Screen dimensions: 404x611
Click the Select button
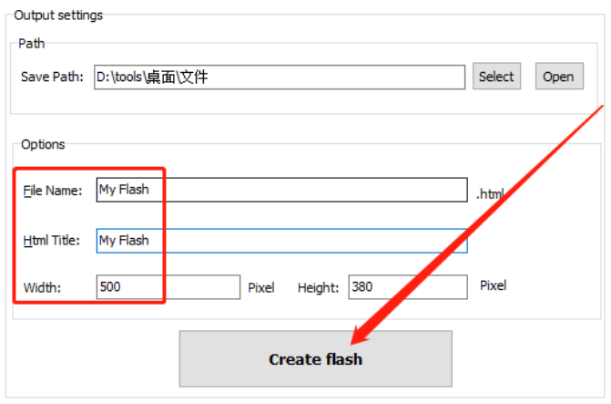point(496,77)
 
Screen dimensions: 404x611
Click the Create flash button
point(315,359)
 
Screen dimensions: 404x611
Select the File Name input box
point(282,190)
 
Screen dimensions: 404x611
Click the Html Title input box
point(282,241)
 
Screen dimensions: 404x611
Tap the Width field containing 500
point(168,287)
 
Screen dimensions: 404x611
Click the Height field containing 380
point(408,287)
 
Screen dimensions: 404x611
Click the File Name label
point(53,191)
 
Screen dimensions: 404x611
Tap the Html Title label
point(53,241)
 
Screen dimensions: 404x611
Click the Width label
point(43,288)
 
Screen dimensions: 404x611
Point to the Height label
point(318,288)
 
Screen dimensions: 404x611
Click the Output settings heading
point(58,16)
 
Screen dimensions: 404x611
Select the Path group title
point(31,43)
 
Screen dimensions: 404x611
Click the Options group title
point(43,144)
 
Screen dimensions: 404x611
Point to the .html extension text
point(490,193)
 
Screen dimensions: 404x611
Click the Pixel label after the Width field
point(261,288)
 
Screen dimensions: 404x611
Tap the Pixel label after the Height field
point(493,285)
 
